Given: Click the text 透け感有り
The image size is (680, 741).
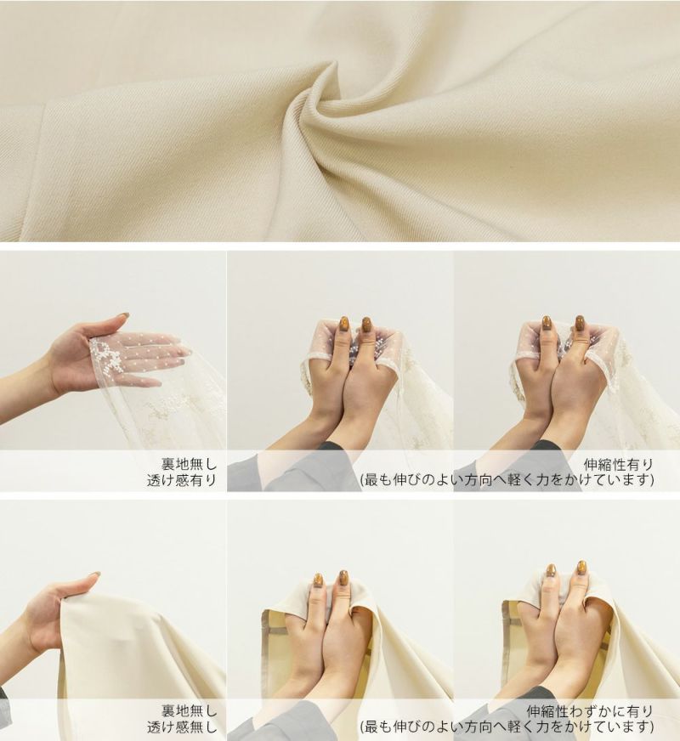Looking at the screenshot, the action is pyautogui.click(x=182, y=480).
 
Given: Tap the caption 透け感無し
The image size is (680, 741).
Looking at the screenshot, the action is pyautogui.click(x=182, y=727).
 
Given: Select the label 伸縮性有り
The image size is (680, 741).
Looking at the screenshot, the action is pyautogui.click(x=618, y=464).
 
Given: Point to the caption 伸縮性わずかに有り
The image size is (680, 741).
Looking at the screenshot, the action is pyautogui.click(x=590, y=710).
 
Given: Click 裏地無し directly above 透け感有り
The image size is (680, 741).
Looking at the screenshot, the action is pyautogui.click(x=189, y=464).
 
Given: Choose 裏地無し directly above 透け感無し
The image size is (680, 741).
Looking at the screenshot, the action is pyautogui.click(x=189, y=710).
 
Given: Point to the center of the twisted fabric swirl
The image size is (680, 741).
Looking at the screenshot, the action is pyautogui.click(x=326, y=102).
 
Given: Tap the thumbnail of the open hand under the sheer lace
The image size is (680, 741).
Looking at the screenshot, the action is pyautogui.click(x=123, y=315).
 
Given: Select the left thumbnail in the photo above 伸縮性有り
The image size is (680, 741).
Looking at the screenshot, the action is pyautogui.click(x=547, y=325).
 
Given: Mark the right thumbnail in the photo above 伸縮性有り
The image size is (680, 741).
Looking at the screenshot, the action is pyautogui.click(x=581, y=325).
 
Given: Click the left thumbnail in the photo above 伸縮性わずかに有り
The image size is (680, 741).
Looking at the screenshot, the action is pyautogui.click(x=551, y=570).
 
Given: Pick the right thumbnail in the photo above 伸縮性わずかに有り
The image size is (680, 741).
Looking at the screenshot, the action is pyautogui.click(x=581, y=568).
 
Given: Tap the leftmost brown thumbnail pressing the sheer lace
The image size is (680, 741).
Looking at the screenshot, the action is pyautogui.click(x=343, y=325).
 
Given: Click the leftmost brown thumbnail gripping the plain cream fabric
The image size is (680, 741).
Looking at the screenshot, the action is pyautogui.click(x=319, y=580).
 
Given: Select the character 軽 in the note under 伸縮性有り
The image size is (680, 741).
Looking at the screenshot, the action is pyautogui.click(x=517, y=480).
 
